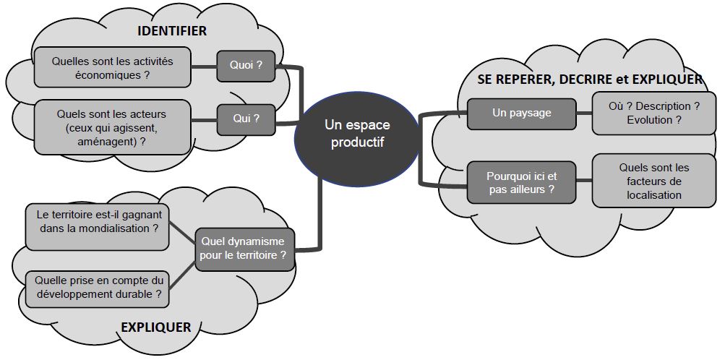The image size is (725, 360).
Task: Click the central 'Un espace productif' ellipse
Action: point(357,133)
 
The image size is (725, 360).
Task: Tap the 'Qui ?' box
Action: point(246,119)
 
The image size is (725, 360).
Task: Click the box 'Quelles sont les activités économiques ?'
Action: point(112,68)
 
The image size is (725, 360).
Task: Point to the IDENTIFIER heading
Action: point(172,31)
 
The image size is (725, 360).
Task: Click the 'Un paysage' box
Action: point(521,113)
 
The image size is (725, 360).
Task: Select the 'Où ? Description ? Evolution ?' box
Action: point(654,113)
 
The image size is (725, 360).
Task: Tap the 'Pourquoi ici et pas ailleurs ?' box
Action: point(521,182)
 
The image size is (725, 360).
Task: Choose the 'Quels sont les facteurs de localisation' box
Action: point(650,181)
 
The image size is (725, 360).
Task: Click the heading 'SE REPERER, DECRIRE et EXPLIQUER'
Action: point(590,80)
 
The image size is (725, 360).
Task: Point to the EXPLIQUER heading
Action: point(156,327)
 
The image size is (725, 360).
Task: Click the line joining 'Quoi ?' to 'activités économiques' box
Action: point(205,67)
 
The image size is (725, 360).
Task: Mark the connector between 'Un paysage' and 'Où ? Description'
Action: point(584,113)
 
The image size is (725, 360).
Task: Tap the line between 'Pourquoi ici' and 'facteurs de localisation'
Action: point(584,182)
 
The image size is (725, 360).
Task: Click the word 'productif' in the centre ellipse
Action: point(357,142)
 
